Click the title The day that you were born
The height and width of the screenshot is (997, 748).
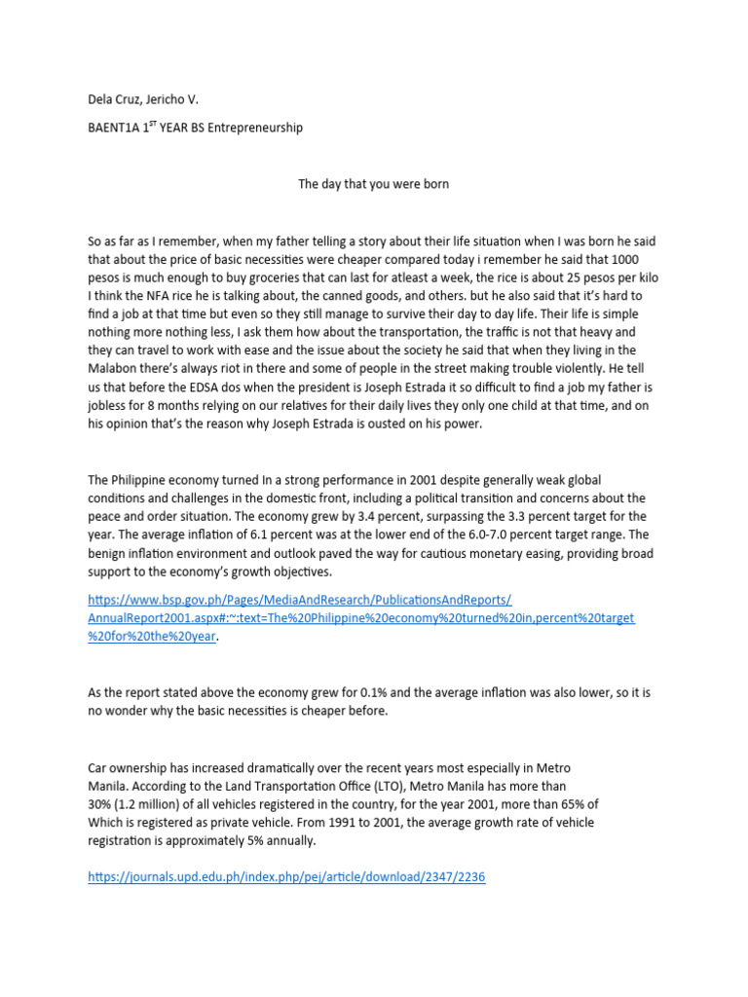(373, 184)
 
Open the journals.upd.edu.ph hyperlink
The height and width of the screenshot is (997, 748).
(286, 877)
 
